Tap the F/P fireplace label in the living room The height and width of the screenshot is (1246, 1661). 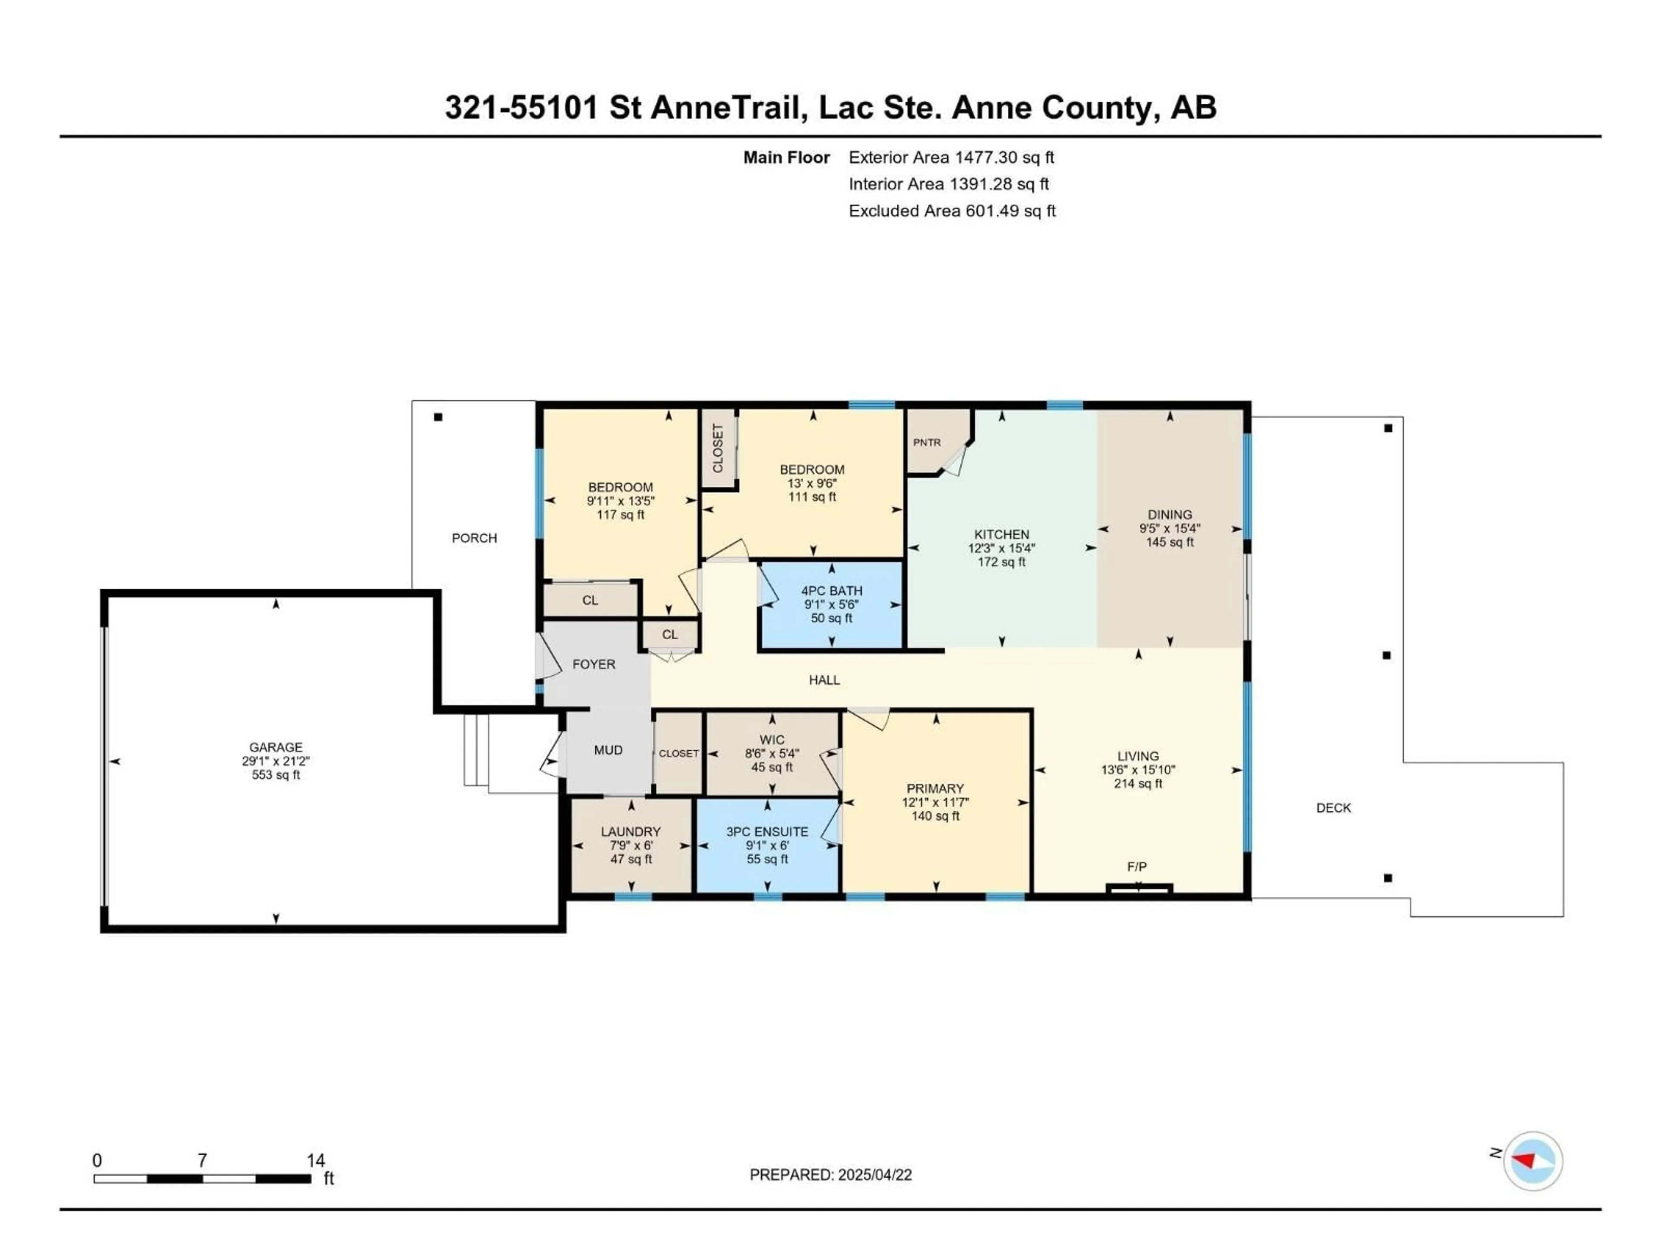tap(1136, 867)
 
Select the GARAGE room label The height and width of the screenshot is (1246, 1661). tap(276, 747)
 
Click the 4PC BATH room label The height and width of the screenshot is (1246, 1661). tap(831, 591)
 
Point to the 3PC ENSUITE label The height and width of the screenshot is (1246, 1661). tap(766, 832)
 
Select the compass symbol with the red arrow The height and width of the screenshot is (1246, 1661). tap(1533, 1161)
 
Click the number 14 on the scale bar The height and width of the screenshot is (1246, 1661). tap(315, 1160)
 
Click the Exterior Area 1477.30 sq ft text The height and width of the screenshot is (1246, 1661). tap(951, 158)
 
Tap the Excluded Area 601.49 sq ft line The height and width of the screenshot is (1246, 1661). tap(951, 211)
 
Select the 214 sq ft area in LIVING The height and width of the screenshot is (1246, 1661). tap(1138, 784)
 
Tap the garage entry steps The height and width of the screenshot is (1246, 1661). tap(476, 750)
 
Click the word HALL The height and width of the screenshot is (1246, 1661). tap(824, 681)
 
